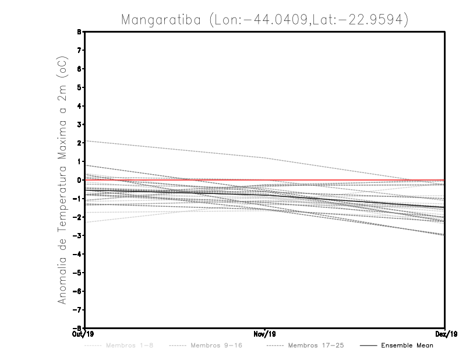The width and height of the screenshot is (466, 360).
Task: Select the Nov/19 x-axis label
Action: pyautogui.click(x=265, y=334)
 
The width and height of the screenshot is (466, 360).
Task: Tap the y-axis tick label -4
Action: pyautogui.click(x=78, y=255)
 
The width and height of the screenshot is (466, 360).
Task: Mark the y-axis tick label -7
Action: pyautogui.click(x=78, y=310)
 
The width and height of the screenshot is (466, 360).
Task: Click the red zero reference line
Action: pyautogui.click(x=349, y=180)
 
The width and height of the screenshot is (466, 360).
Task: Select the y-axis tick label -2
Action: pyautogui.click(x=78, y=217)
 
